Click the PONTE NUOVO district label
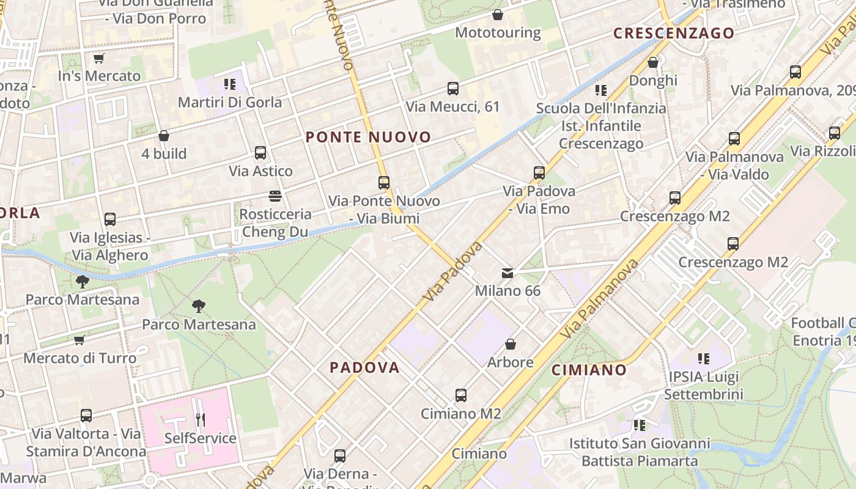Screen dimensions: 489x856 (x=368, y=137)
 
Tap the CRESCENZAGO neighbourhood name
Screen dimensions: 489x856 (x=674, y=33)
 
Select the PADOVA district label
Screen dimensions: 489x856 (x=364, y=367)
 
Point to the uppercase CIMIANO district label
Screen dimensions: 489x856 (x=589, y=370)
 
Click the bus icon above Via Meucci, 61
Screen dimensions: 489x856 (x=453, y=89)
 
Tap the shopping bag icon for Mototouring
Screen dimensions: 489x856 (x=498, y=15)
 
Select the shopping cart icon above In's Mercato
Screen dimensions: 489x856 (x=98, y=59)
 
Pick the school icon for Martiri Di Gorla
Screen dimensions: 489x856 (x=230, y=84)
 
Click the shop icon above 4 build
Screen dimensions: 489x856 (x=164, y=136)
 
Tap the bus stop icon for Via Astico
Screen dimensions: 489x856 (x=260, y=153)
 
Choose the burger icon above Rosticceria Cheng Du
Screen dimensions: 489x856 (x=275, y=196)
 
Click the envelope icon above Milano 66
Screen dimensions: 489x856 (x=507, y=273)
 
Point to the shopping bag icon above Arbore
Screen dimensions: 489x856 (x=511, y=344)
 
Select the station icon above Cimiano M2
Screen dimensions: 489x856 (x=461, y=395)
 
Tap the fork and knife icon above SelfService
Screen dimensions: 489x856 (x=200, y=420)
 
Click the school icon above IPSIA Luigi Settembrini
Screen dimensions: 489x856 (x=704, y=359)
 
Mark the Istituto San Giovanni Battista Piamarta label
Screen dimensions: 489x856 (x=640, y=452)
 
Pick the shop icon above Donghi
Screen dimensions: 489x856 (x=653, y=62)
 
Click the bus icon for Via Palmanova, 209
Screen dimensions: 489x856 (x=795, y=72)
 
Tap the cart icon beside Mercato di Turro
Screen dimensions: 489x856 (x=79, y=340)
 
